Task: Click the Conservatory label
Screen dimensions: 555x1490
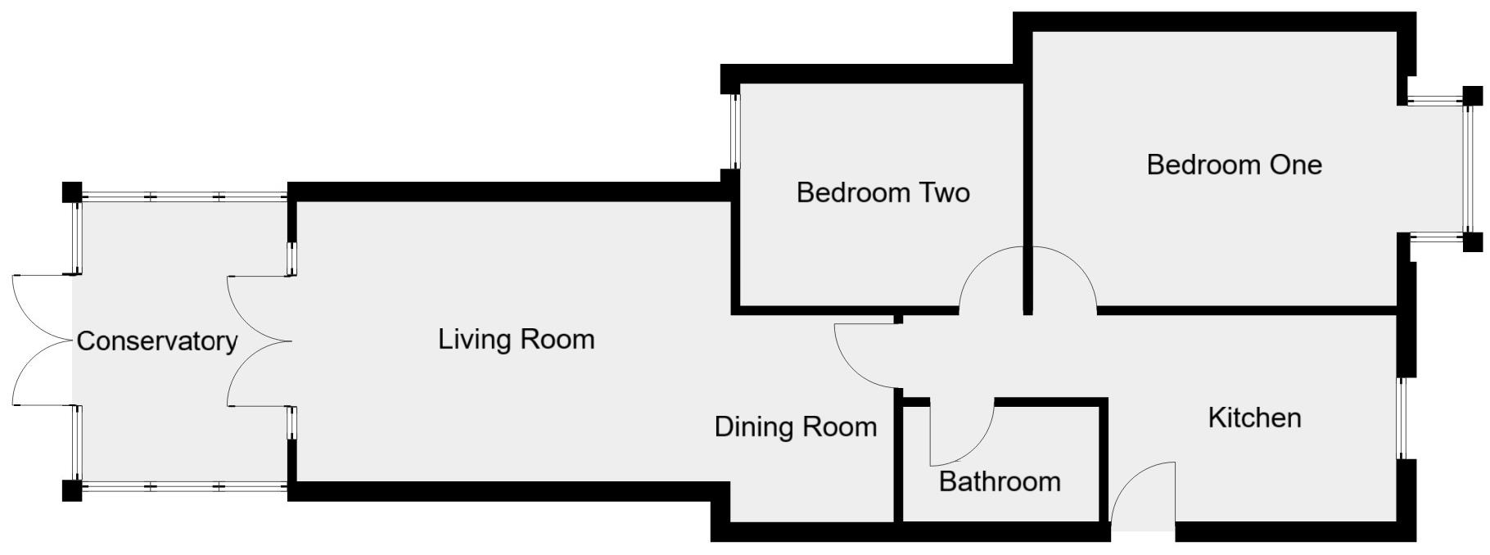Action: point(156,341)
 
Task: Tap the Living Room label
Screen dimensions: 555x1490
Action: point(516,339)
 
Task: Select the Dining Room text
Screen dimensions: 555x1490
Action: point(795,426)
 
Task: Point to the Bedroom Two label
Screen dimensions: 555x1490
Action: point(883,193)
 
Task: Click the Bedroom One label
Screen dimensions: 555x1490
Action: point(1234,165)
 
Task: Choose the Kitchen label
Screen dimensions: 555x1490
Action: point(1254,417)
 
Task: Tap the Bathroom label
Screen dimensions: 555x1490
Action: point(1000,481)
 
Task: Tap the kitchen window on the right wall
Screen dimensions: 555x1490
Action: point(1401,417)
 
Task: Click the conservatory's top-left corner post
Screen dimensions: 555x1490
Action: point(72,192)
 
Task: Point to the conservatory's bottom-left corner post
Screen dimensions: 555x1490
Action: point(72,490)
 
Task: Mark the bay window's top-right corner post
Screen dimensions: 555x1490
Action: point(1472,96)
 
